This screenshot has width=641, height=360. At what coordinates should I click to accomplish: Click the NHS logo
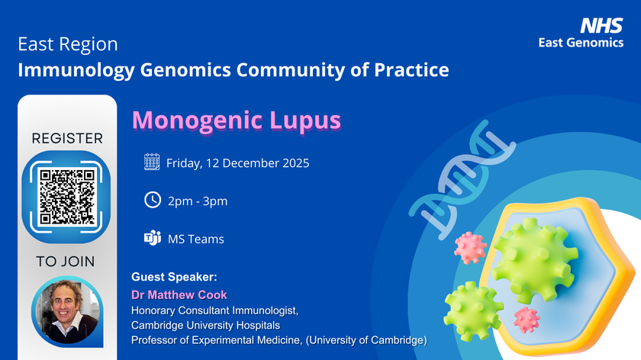coord(602,25)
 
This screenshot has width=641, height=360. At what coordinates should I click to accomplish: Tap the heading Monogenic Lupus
coord(237,121)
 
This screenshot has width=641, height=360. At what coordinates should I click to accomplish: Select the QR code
coord(67,195)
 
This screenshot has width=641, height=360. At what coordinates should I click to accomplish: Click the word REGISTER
coord(67,139)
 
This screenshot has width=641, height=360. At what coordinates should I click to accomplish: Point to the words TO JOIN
coord(66,262)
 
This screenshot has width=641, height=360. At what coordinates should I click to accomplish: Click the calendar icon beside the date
coord(152,162)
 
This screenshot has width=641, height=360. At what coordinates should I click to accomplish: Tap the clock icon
coord(152,200)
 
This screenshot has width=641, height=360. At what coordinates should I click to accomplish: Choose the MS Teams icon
coord(152,238)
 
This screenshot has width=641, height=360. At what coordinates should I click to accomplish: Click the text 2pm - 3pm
coord(197,201)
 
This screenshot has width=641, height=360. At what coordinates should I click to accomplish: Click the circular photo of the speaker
coord(66,312)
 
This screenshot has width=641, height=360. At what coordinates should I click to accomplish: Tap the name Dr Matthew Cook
coord(179,294)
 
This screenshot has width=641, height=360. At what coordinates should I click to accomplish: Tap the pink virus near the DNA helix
coord(470,247)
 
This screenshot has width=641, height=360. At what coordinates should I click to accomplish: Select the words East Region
coord(68,45)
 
